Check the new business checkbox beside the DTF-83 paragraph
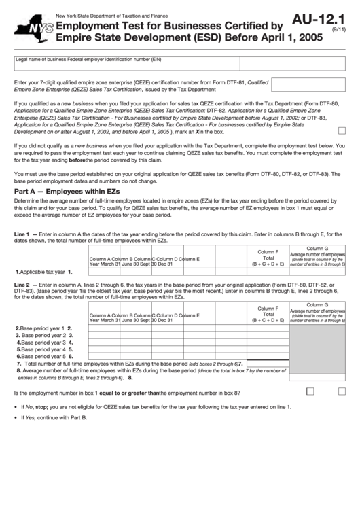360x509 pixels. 342,130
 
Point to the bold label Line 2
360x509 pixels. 22,284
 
